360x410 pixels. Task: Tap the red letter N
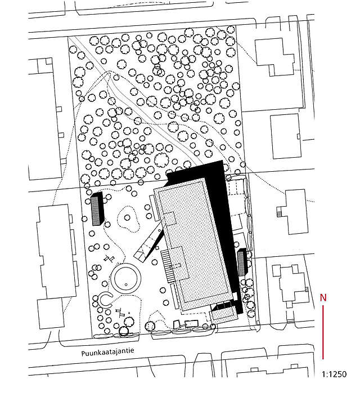pos(323,297)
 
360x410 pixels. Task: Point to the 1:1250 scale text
pos(335,374)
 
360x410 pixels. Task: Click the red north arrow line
pos(323,332)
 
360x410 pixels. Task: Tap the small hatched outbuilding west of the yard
pos(97,209)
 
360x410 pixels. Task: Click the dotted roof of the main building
pos(194,242)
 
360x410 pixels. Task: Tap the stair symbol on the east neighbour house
pos(277,212)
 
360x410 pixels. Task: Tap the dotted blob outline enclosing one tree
pos(129,219)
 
